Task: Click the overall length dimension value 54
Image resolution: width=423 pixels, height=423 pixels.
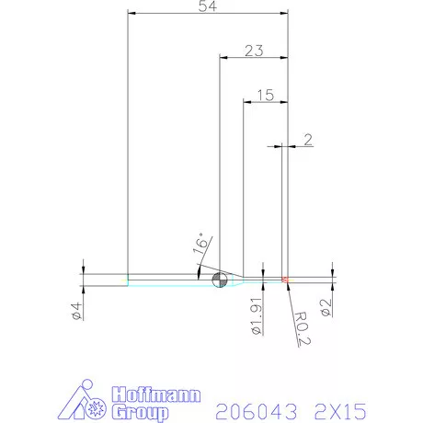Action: coord(208,7)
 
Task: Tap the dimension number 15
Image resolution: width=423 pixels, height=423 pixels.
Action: coord(266,94)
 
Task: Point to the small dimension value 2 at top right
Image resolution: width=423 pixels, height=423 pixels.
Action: coord(307,140)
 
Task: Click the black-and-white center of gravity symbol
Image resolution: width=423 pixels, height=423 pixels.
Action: coord(219,280)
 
